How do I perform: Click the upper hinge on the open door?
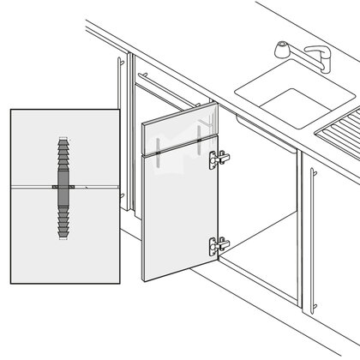coord(222,158)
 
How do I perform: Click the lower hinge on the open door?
coord(219,243)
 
